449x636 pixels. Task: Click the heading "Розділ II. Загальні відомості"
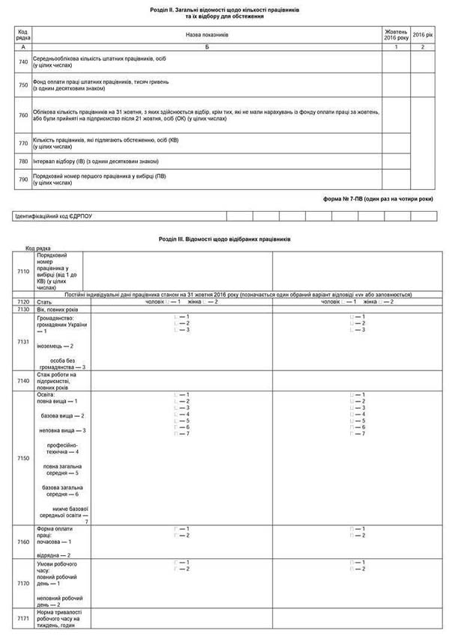[x=224, y=10]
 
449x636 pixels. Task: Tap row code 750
[x=23, y=85]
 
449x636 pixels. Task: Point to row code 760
[x=23, y=115]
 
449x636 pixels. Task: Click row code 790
[x=23, y=180]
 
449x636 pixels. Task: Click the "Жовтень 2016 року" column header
[x=396, y=34]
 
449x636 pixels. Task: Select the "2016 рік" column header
[x=423, y=34]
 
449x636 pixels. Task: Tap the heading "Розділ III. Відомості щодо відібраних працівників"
[x=224, y=239]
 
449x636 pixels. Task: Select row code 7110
[x=23, y=272]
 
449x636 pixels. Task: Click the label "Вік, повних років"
[x=57, y=309]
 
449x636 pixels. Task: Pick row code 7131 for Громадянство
[x=23, y=342]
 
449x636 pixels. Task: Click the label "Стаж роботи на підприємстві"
[x=61, y=381]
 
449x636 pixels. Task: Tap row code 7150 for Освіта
[x=23, y=457]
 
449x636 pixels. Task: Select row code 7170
[x=23, y=583]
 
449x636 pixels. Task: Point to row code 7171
[x=23, y=620]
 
